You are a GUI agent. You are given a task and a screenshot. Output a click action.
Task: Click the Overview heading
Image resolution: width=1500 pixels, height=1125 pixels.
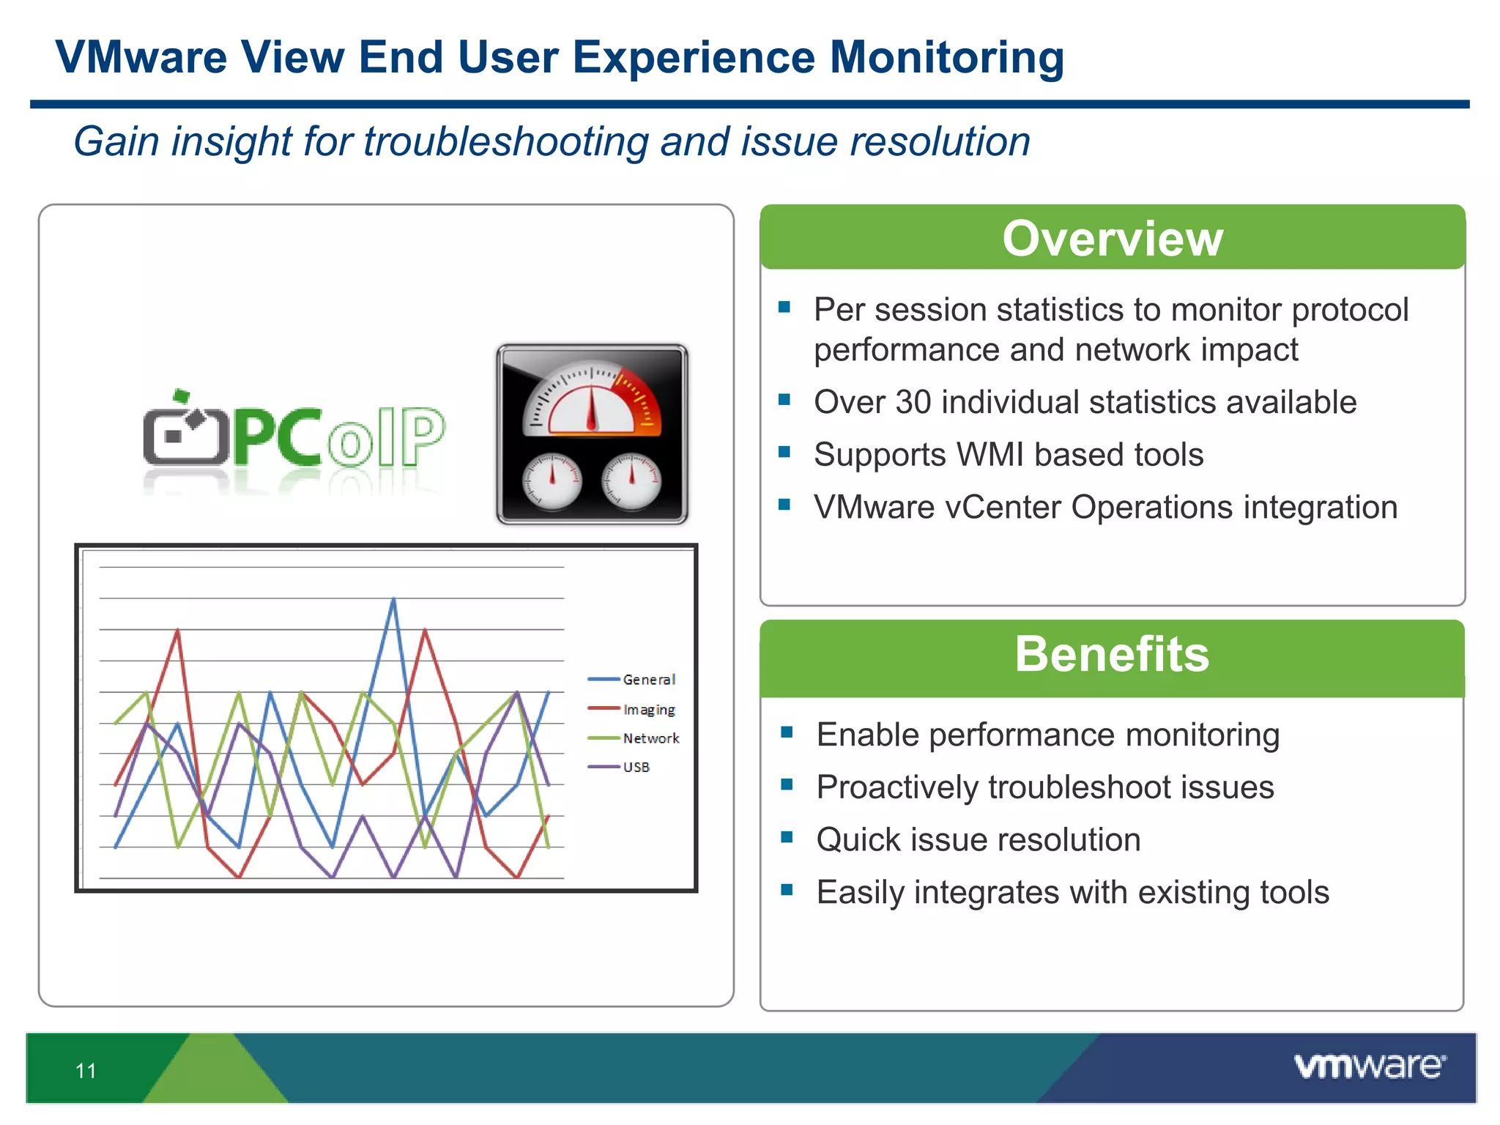[x=1112, y=239]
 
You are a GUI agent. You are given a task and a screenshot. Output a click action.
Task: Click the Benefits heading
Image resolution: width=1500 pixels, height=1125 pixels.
[x=1112, y=654]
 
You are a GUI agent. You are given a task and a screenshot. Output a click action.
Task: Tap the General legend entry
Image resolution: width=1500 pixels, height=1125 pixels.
[x=648, y=680]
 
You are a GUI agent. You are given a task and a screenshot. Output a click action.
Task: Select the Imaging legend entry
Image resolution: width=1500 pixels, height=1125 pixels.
[x=648, y=709]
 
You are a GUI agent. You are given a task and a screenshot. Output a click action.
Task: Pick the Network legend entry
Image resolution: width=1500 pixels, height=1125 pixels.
[x=650, y=738]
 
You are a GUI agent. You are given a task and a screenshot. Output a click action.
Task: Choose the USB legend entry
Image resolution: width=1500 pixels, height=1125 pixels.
[x=636, y=767]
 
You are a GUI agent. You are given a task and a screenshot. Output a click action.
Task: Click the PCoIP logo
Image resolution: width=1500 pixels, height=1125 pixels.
[x=294, y=437]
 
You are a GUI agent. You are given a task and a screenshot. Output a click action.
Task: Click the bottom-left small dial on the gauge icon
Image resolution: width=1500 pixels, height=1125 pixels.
[x=552, y=481]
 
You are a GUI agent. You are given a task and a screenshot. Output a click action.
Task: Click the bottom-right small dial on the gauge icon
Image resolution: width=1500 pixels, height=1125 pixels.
[x=631, y=481]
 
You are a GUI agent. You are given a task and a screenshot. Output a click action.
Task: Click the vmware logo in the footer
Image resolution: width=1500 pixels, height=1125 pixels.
[x=1369, y=1066]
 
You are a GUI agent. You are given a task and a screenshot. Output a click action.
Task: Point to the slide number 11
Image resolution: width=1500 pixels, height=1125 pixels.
[x=86, y=1071]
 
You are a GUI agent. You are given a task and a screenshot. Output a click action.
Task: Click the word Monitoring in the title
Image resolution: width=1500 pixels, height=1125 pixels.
[x=946, y=57]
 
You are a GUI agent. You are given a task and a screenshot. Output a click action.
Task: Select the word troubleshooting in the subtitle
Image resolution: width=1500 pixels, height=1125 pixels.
[x=505, y=141]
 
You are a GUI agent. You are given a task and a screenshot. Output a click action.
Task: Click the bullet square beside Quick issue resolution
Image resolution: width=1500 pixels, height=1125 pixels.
[x=787, y=837]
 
